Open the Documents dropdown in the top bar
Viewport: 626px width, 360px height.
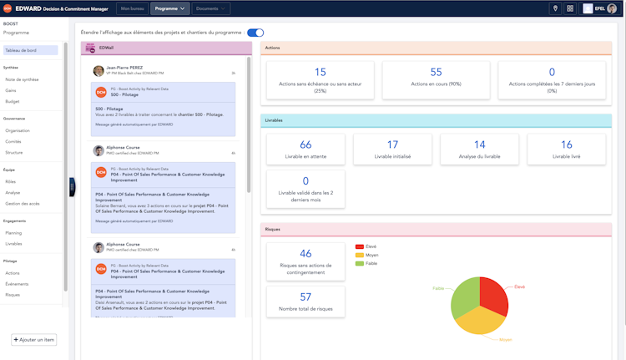[211, 8]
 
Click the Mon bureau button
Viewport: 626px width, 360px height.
[133, 8]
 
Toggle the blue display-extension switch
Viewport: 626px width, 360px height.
[255, 33]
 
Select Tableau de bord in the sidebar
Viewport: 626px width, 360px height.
[21, 50]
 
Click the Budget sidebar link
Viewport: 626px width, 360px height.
[13, 100]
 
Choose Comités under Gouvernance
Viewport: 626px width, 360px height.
[14, 141]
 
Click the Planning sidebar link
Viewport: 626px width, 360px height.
[14, 233]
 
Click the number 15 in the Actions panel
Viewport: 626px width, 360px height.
[321, 73]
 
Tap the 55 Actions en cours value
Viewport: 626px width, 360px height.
[437, 73]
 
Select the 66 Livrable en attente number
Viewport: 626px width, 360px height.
[305, 145]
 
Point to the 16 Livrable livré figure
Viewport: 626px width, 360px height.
[567, 145]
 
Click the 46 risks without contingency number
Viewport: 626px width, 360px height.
[305, 254]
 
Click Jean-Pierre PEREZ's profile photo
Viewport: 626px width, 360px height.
[98, 70]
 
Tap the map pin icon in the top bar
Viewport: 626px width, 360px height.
[556, 8]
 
